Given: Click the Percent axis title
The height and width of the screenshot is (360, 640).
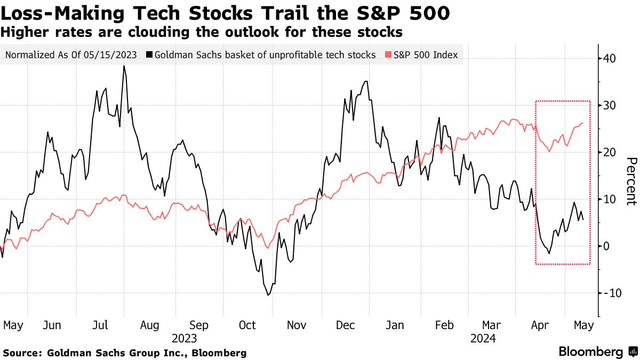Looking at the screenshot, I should click(x=631, y=181).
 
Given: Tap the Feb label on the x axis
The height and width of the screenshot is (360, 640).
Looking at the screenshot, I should click(x=444, y=325).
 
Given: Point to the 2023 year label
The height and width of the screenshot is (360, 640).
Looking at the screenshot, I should click(x=185, y=338).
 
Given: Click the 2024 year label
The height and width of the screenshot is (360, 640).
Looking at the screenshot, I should click(x=483, y=338).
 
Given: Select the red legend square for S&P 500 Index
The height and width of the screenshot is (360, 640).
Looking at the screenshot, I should click(x=389, y=55).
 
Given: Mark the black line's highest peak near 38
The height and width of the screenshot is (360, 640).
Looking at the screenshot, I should click(x=124, y=66).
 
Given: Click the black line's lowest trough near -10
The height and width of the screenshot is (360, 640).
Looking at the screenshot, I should click(x=268, y=295).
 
